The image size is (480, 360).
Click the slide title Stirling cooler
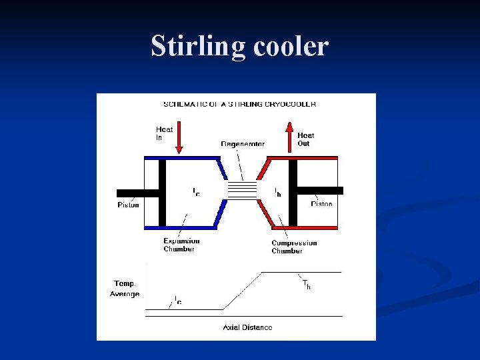tap(240, 47)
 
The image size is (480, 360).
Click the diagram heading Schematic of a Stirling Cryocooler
tap(240, 104)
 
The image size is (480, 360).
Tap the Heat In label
tap(164, 133)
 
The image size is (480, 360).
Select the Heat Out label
tap(305, 139)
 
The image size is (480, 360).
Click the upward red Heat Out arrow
tap(289, 136)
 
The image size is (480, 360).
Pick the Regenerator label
tap(243, 144)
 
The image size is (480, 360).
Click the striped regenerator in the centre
tap(242, 190)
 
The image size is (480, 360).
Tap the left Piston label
tap(129, 205)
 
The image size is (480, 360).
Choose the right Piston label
tap(322, 204)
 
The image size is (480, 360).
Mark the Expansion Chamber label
tap(181, 245)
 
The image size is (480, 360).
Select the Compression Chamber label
tap(294, 247)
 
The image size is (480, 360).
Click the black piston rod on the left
tap(137, 193)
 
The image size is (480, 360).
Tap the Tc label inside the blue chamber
tap(196, 192)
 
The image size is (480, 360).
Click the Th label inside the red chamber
tap(277, 192)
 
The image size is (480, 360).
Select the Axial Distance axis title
tap(247, 327)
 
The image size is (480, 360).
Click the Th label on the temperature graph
tap(306, 285)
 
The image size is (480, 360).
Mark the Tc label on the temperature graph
tap(178, 301)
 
